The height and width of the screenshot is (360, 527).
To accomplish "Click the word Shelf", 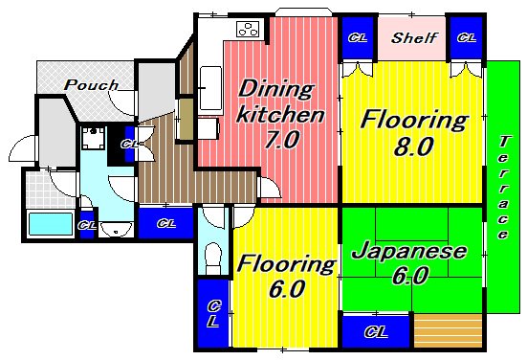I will (x=414, y=39).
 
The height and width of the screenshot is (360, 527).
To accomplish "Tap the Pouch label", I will (x=92, y=84).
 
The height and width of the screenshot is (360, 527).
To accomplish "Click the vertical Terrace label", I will (x=503, y=188).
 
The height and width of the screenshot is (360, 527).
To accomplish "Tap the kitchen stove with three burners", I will (x=248, y=28).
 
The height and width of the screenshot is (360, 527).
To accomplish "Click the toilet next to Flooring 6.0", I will (x=214, y=256).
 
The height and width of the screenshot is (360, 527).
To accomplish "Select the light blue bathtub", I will (x=51, y=224).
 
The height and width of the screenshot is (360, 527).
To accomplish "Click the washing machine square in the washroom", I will (x=93, y=142).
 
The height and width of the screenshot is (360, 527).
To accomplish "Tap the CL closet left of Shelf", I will (x=357, y=38).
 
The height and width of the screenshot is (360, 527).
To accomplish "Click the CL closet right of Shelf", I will (x=465, y=38).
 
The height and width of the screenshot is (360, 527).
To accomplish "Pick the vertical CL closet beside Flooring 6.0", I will (x=212, y=312).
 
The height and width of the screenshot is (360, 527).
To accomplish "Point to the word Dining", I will (x=274, y=91).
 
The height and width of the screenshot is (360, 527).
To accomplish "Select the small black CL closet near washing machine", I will (x=128, y=145).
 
